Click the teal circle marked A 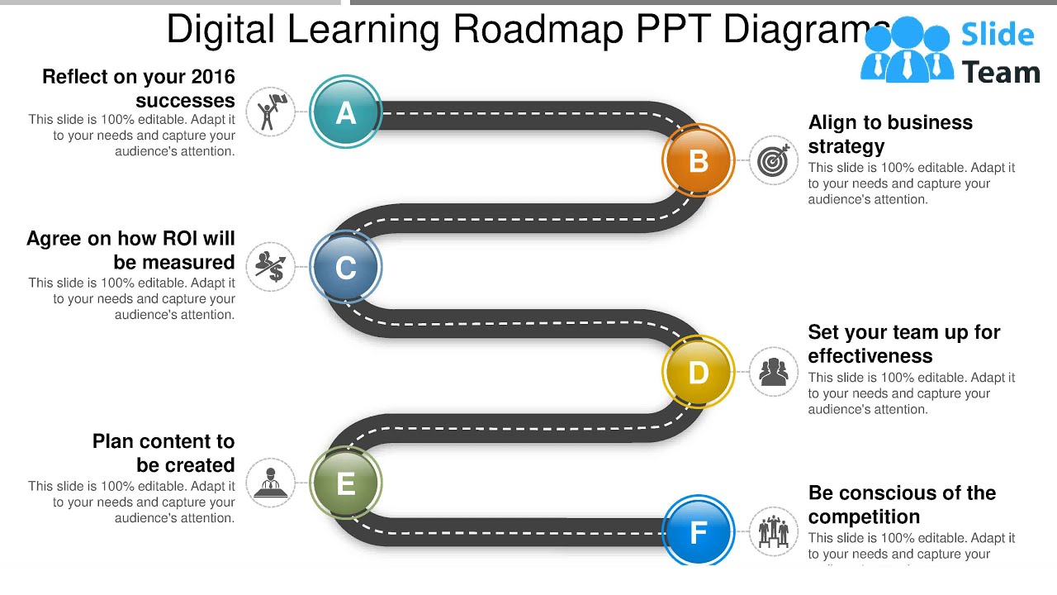(346, 112)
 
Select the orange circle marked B (698, 160)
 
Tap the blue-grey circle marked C (346, 267)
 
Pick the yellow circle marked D (698, 372)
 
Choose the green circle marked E (346, 483)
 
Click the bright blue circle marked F (698, 531)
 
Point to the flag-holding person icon (271, 112)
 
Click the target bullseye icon (774, 160)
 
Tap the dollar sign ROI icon (271, 266)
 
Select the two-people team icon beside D (774, 372)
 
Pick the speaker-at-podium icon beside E (271, 483)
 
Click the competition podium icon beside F (774, 531)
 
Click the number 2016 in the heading (213, 77)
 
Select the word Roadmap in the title (538, 30)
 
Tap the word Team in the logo (1001, 74)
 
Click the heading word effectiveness (870, 356)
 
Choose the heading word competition (864, 516)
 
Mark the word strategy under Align (846, 146)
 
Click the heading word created (197, 465)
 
